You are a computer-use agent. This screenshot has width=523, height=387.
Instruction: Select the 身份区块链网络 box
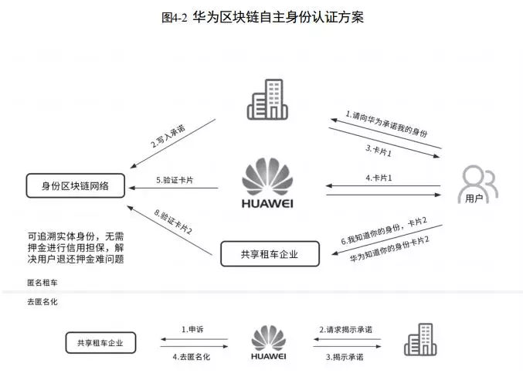click(x=74, y=185)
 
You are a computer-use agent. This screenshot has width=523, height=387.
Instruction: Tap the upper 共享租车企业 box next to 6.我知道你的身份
click(x=269, y=254)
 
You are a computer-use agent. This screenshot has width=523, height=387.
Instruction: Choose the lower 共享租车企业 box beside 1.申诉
click(x=100, y=342)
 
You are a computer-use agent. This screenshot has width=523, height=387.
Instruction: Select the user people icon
click(x=477, y=182)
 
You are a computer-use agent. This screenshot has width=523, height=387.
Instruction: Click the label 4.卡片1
click(x=379, y=178)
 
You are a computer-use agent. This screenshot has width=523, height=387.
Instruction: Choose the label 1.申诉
click(x=192, y=329)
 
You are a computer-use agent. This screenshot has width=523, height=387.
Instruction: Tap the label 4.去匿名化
click(x=192, y=357)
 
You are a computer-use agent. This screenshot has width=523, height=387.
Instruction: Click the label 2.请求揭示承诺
click(x=345, y=329)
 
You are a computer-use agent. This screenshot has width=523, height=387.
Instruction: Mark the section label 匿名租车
click(x=42, y=284)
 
